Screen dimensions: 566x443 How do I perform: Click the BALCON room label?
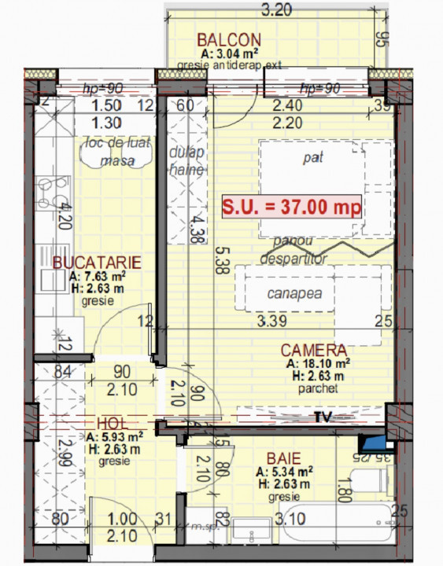click(230, 40)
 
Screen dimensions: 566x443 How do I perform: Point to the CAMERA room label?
click(314, 351)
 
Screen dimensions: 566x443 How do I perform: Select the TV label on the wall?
click(321, 415)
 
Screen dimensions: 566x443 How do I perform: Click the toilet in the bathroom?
click(370, 480)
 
